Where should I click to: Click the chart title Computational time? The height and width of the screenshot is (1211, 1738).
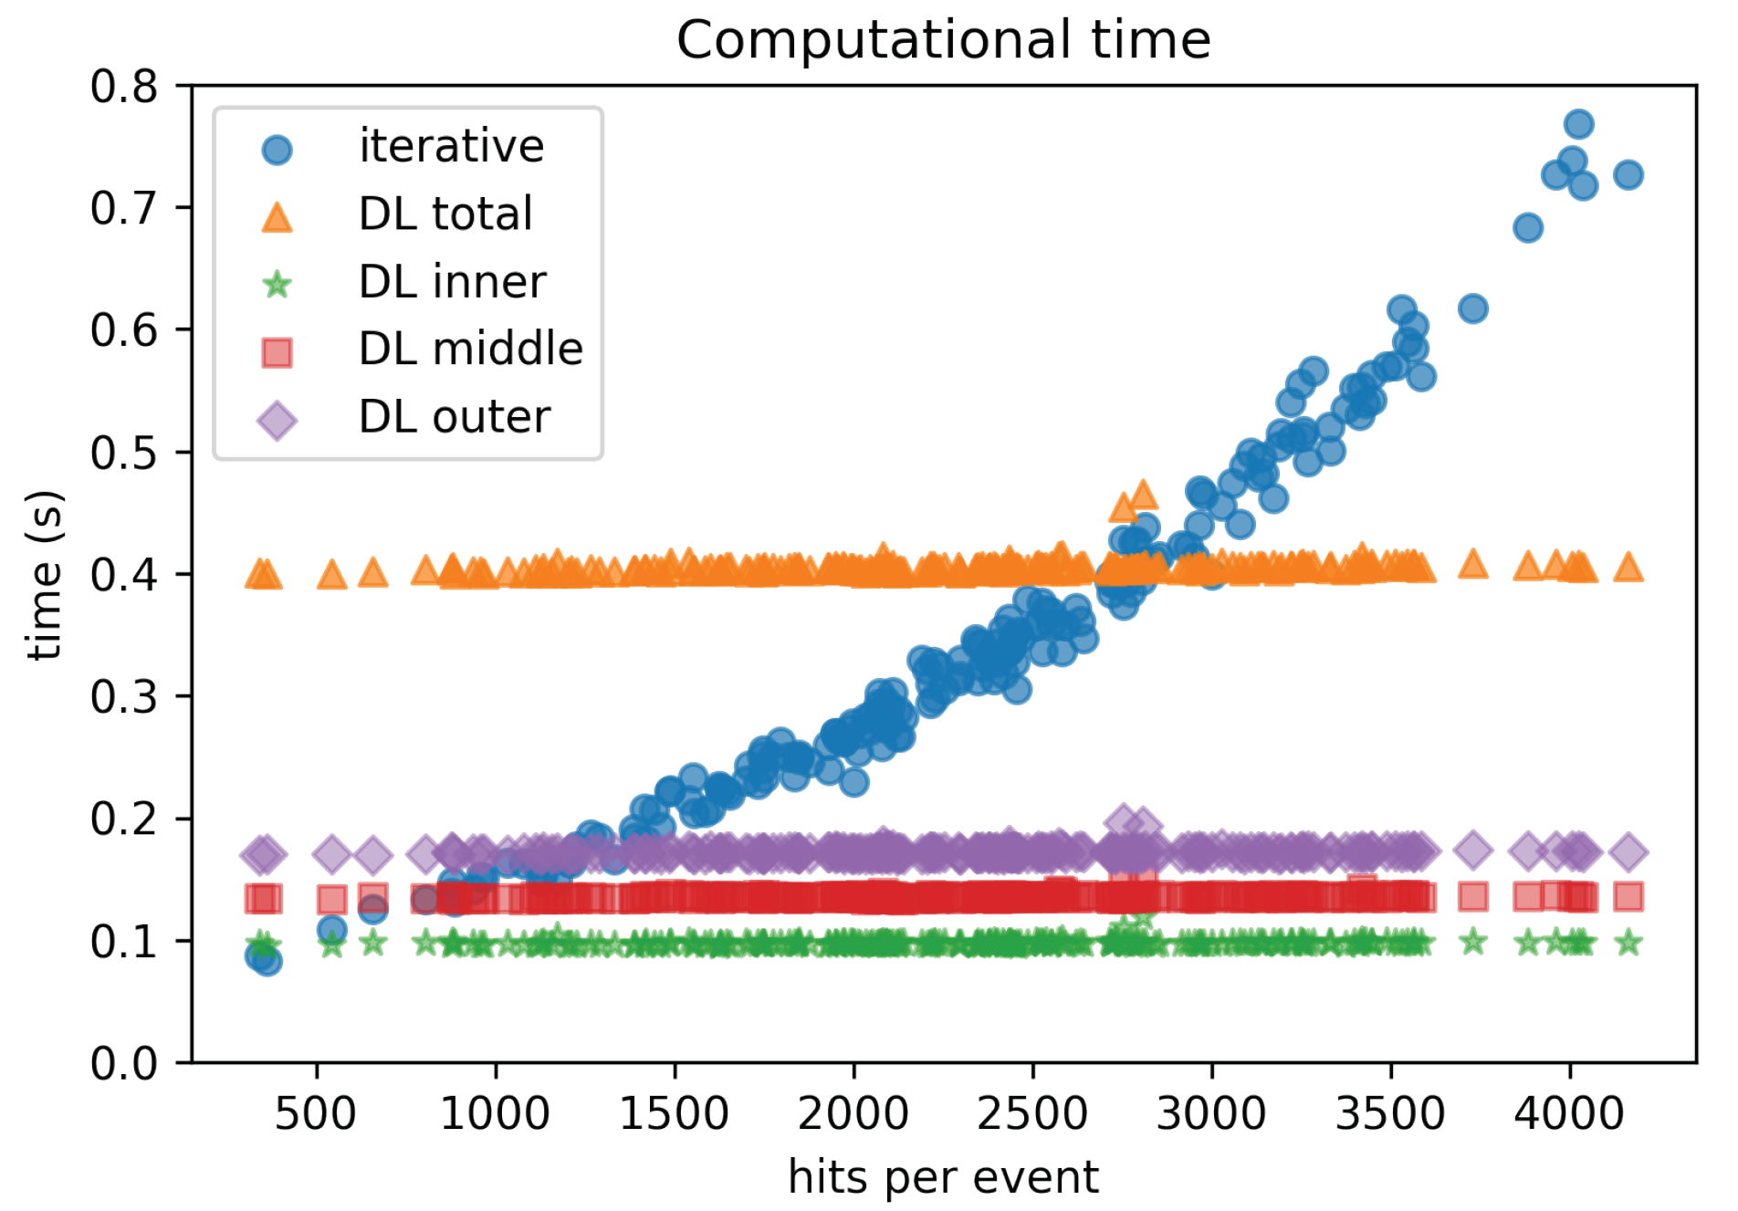click(943, 40)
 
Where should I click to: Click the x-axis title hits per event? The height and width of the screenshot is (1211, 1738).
click(943, 1177)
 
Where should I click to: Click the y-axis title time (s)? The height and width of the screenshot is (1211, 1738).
click(44, 575)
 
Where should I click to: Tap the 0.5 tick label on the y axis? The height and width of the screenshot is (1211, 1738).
click(124, 453)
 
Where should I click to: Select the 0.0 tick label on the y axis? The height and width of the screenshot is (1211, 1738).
click(124, 1063)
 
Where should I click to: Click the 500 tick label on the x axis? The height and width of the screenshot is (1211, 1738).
click(316, 1113)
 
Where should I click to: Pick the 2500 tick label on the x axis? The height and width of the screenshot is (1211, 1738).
click(1032, 1113)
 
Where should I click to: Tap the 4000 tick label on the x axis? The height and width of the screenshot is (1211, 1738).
click(1569, 1113)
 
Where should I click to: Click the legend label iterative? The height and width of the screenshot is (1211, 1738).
click(451, 147)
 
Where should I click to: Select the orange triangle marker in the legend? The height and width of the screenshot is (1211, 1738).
click(277, 217)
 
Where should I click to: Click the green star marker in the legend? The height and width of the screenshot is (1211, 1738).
click(277, 285)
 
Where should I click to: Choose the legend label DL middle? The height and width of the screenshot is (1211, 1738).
click(470, 350)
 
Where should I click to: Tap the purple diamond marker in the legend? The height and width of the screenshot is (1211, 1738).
click(277, 421)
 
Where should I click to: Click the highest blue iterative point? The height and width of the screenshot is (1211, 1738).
click(1578, 124)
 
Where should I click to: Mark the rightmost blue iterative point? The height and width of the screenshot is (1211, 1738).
click(1628, 175)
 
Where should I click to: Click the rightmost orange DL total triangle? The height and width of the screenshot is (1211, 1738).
click(1628, 569)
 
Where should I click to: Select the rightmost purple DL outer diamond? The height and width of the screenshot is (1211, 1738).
click(1628, 852)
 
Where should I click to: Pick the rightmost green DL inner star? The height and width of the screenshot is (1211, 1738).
click(1628, 943)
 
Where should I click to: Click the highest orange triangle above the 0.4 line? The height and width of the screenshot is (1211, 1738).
click(1143, 496)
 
